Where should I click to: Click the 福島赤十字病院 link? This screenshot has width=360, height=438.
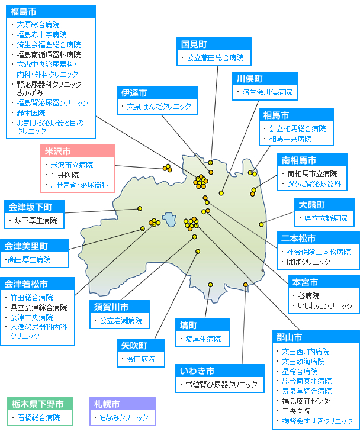click(41, 35)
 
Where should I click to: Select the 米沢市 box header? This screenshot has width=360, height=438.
click(78, 151)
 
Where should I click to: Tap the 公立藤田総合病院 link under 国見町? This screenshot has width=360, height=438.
click(215, 58)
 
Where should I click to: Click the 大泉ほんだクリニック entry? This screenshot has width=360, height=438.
click(159, 106)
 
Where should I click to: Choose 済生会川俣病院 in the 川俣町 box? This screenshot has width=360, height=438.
click(267, 92)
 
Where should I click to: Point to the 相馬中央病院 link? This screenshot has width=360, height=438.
click(290, 139)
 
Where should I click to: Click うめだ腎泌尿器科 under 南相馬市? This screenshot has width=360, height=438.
click(314, 184)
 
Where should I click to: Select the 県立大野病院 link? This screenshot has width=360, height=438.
click(326, 218)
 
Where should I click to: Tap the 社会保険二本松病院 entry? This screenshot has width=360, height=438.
click(319, 252)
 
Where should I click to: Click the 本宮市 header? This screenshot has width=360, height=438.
click(324, 282)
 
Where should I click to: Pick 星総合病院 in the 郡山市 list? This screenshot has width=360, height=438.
click(300, 372)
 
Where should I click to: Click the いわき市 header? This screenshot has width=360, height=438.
click(220, 371)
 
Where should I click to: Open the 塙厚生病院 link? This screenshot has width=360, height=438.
click(203, 339)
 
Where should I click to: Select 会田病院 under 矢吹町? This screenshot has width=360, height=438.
click(141, 359)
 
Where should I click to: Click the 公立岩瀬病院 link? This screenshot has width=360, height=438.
click(121, 321)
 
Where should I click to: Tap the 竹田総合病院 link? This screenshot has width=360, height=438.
click(31, 298)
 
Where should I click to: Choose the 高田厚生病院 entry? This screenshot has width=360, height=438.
click(29, 260)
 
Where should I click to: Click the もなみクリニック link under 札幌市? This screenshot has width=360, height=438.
click(124, 418)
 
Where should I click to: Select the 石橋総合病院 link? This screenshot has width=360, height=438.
click(38, 418)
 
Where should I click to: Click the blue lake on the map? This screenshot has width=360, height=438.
click(169, 220)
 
